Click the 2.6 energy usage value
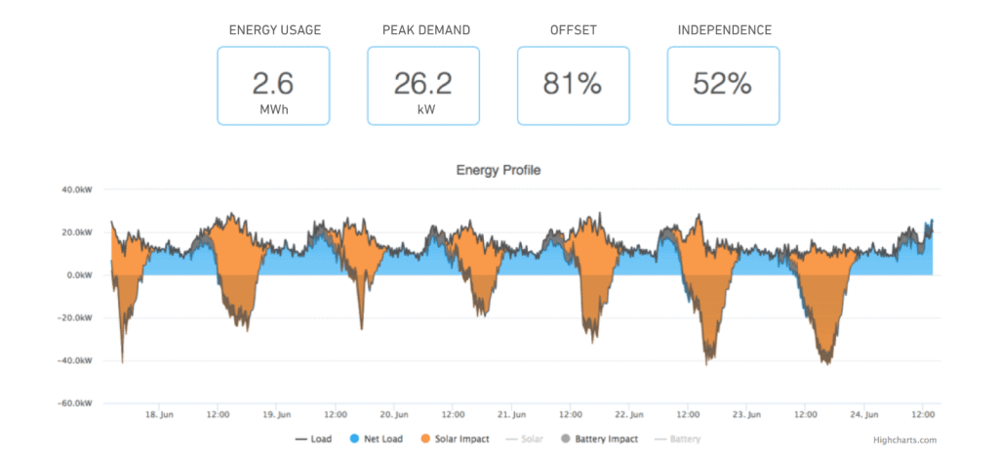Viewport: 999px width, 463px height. [273, 83]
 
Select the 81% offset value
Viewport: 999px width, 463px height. [573, 84]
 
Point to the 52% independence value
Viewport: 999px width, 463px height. [722, 84]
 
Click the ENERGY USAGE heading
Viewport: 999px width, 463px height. [273, 30]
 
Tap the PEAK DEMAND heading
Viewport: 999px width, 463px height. [426, 30]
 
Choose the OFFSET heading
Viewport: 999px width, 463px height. [574, 30]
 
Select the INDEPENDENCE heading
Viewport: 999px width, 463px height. [723, 30]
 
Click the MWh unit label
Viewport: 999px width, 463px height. [273, 110]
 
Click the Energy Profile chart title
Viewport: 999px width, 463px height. [499, 170]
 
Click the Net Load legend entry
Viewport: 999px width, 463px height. [377, 440]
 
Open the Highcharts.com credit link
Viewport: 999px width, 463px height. [906, 441]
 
